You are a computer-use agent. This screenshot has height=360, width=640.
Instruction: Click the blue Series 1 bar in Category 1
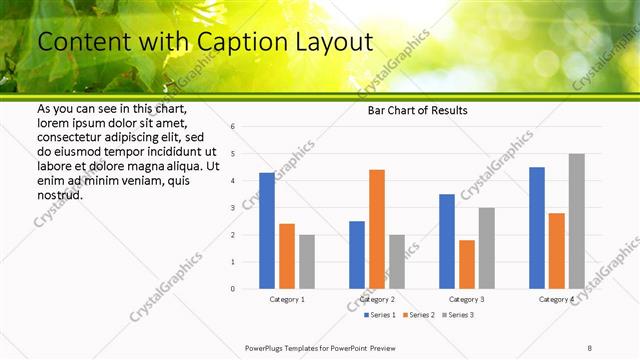(x=267, y=231)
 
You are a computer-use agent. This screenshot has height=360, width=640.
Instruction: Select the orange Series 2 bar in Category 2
(x=376, y=229)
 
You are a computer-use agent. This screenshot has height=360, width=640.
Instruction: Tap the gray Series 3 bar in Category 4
(x=576, y=221)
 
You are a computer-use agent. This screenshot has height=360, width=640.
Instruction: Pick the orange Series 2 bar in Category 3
(x=466, y=264)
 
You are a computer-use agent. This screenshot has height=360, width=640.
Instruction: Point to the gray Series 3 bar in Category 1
(x=306, y=262)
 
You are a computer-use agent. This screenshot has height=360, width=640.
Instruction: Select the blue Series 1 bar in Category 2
(x=357, y=255)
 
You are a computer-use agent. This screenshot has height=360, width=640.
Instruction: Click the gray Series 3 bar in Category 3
(x=486, y=248)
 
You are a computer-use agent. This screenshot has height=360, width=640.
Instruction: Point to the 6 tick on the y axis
(x=232, y=127)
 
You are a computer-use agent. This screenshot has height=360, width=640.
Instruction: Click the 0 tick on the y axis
(x=232, y=289)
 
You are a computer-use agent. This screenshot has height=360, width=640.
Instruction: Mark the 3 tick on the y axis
(x=232, y=208)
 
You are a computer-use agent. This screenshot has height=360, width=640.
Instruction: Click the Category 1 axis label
(x=287, y=299)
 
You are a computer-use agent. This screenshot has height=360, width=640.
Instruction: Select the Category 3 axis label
(x=467, y=299)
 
